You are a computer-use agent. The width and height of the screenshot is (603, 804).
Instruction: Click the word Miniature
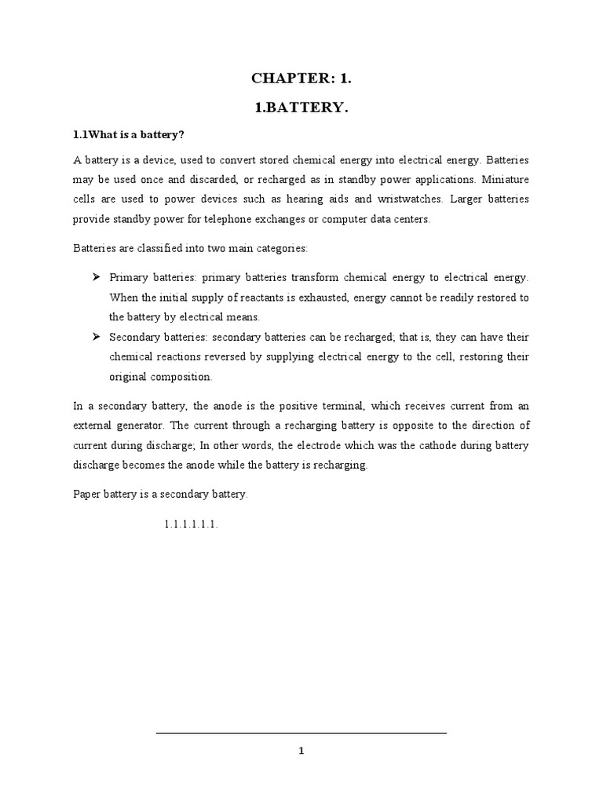click(x=506, y=180)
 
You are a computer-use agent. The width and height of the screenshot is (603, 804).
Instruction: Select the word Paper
click(x=87, y=494)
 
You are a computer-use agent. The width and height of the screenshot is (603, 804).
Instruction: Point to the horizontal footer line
click(x=301, y=733)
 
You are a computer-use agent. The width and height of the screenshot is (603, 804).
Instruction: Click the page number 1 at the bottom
click(x=301, y=751)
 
